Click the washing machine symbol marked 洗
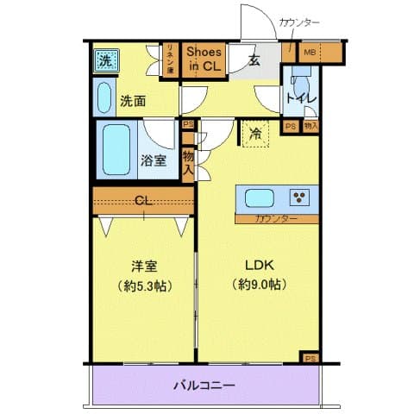[x=104, y=60]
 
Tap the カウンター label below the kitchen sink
[x=276, y=219]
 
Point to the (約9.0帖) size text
[x=259, y=285]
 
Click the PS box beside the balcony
[x=309, y=356]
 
